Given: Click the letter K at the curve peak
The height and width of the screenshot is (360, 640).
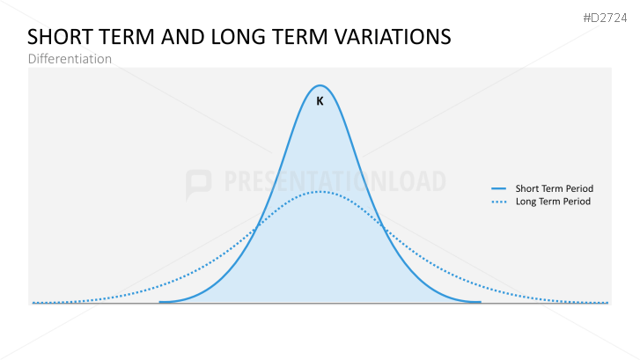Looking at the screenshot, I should (320, 101).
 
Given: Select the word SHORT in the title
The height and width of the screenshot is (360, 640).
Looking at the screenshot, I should (57, 37).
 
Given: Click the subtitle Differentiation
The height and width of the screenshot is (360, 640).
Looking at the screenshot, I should (70, 59).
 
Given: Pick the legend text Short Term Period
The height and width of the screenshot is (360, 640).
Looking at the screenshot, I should (555, 188).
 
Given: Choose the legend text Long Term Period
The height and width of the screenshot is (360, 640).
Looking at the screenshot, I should (553, 202).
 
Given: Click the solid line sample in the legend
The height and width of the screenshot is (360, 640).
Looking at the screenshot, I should (499, 188).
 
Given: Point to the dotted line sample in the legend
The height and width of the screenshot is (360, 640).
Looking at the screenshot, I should (499, 202).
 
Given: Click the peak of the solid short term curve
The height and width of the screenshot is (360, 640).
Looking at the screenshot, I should (320, 85).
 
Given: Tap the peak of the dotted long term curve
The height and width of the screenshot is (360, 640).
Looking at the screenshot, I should (320, 192).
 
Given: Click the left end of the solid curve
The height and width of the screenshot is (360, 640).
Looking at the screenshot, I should (161, 302).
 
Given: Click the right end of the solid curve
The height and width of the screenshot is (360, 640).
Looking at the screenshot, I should (480, 302).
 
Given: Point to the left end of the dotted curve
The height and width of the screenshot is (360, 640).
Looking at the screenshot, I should (33, 303).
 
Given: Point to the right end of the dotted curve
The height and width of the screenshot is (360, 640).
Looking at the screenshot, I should (607, 303).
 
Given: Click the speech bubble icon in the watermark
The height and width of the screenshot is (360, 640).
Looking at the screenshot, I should (199, 183).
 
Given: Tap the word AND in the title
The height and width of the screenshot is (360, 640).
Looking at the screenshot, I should (180, 37).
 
